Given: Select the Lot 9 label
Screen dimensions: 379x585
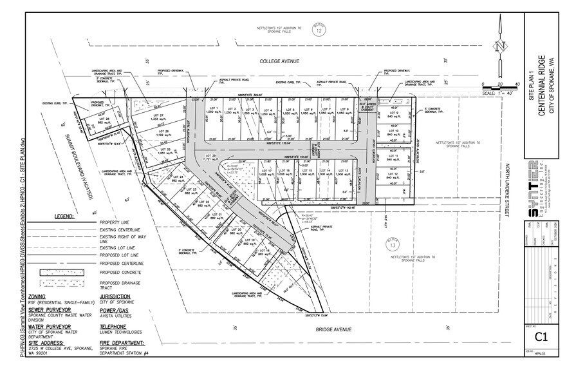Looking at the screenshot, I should click(x=393, y=114).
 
